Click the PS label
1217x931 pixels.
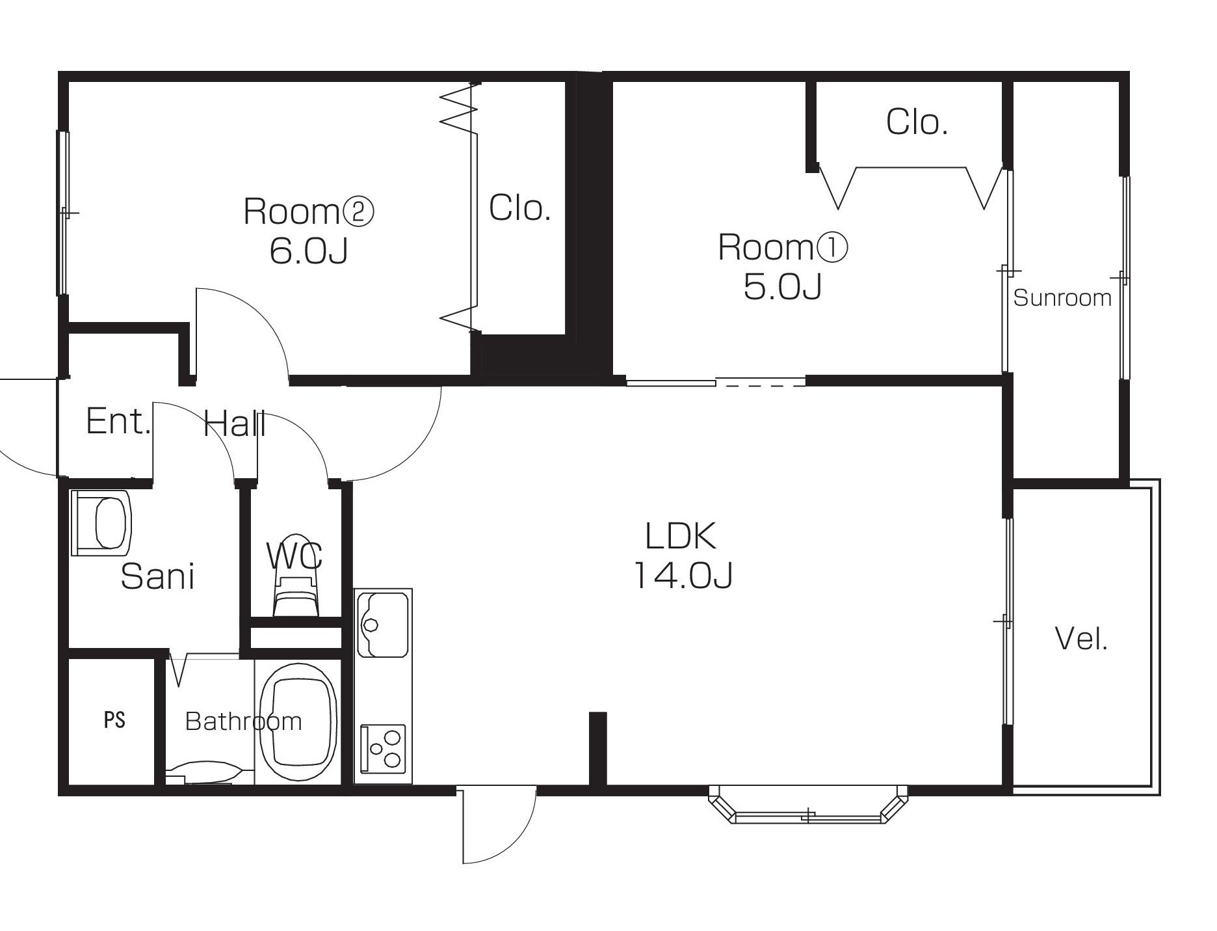click(x=114, y=720)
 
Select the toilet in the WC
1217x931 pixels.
click(x=296, y=589)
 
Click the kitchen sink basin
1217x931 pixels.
click(x=384, y=624)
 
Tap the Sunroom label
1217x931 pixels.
click(x=1062, y=298)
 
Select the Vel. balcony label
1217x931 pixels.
click(x=1081, y=639)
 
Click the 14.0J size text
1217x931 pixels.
click(x=683, y=574)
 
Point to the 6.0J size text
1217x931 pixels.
click(x=309, y=250)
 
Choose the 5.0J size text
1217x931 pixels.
click(x=783, y=286)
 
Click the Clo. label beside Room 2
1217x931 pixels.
click(x=519, y=208)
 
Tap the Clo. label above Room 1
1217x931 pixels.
click(x=917, y=122)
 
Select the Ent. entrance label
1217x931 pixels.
click(x=118, y=421)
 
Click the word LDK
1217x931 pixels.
click(x=681, y=536)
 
